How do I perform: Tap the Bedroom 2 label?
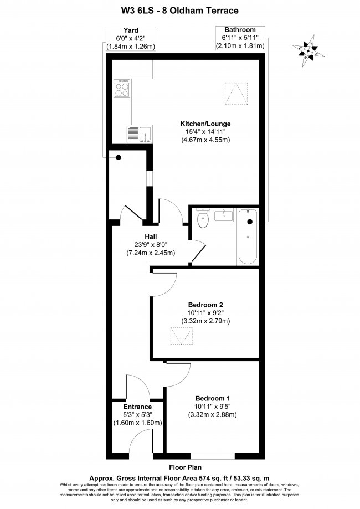[205, 305]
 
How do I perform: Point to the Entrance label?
[137, 407]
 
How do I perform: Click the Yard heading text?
[131, 30]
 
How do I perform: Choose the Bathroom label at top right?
[240, 29]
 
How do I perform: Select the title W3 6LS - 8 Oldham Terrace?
[180, 10]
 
